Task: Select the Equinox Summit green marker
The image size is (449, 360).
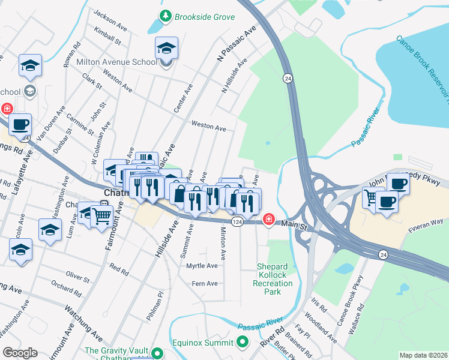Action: (243, 343)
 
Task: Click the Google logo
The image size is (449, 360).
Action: (20, 353)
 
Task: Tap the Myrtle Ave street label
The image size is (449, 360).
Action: (202, 265)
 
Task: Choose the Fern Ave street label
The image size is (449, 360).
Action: (204, 283)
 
